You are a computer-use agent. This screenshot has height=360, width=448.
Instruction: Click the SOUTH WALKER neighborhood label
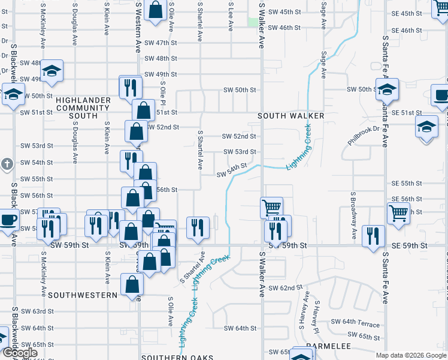291,115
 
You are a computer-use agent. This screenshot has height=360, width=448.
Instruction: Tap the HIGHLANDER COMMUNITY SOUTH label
83,108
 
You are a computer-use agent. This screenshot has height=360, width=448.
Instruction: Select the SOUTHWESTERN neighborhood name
83,295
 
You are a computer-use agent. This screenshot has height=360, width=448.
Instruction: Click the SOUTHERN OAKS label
177,358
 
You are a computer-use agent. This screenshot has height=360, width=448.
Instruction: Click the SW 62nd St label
281,288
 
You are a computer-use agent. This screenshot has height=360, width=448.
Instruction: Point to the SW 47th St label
161,43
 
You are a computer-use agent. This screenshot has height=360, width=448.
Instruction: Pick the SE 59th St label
410,246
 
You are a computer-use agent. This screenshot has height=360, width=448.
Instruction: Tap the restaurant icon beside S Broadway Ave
373,236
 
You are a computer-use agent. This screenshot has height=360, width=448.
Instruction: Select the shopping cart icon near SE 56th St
398,212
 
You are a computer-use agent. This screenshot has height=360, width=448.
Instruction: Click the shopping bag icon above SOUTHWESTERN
132,285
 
